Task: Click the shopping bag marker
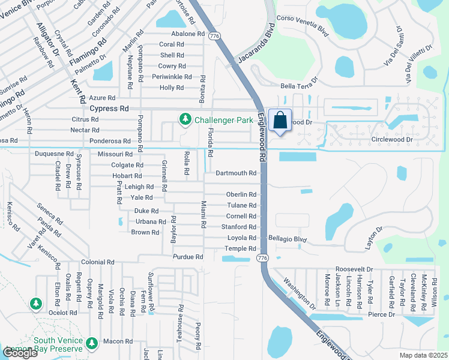(x=280, y=120)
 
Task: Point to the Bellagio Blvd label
(x=288, y=238)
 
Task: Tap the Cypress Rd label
(x=109, y=109)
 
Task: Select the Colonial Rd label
(x=97, y=262)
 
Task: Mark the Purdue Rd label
(x=188, y=257)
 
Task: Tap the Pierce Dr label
(x=382, y=314)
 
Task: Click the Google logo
(x=20, y=353)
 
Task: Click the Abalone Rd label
(x=188, y=34)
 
